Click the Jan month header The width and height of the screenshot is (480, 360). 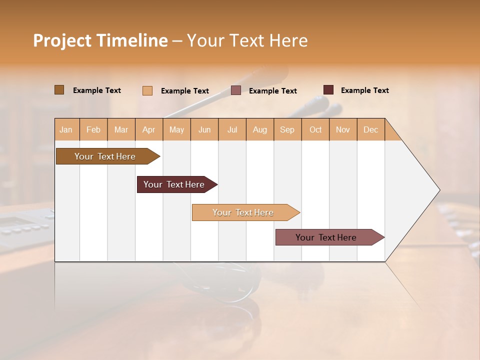tap(66, 129)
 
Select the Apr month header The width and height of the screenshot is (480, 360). tap(149, 129)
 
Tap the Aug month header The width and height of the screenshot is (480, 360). tap(260, 129)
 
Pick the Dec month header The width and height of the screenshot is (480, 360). tap(370, 129)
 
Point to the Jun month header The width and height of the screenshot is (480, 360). tap(204, 129)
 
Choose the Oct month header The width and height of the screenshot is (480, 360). tap(315, 129)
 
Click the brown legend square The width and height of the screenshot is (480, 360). tap(59, 90)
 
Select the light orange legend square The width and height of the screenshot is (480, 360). tap(147, 90)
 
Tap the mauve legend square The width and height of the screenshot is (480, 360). tap(236, 90)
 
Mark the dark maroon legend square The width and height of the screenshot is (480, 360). tap(328, 90)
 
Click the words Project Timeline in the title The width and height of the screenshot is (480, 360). tap(100, 40)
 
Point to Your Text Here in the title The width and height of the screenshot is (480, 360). tap(247, 40)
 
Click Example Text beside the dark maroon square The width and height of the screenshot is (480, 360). tap(364, 90)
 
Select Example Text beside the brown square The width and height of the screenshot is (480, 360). tap(96, 90)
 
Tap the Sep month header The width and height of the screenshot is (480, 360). tap(287, 129)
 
